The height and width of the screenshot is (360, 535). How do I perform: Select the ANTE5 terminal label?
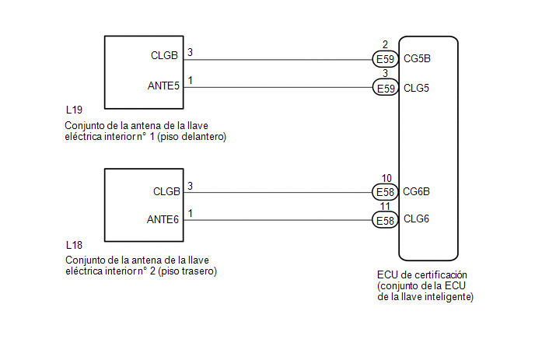tap(164, 86)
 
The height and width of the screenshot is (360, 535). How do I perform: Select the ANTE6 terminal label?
tap(164, 220)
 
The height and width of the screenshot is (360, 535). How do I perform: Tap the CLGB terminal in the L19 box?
tap(166, 56)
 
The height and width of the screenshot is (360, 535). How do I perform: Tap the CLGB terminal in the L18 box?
tap(166, 191)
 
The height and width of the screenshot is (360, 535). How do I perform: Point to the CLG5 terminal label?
tap(417, 87)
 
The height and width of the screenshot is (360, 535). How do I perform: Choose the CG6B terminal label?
tap(418, 192)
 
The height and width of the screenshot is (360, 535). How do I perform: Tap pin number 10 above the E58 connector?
tap(386, 179)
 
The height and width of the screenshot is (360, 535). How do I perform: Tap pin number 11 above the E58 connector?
tap(386, 208)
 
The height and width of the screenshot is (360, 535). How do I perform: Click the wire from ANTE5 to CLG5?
tap(280, 88)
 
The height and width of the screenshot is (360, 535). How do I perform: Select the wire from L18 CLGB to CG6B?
tap(280, 192)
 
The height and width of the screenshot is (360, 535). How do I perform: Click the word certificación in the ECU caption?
tap(442, 276)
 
